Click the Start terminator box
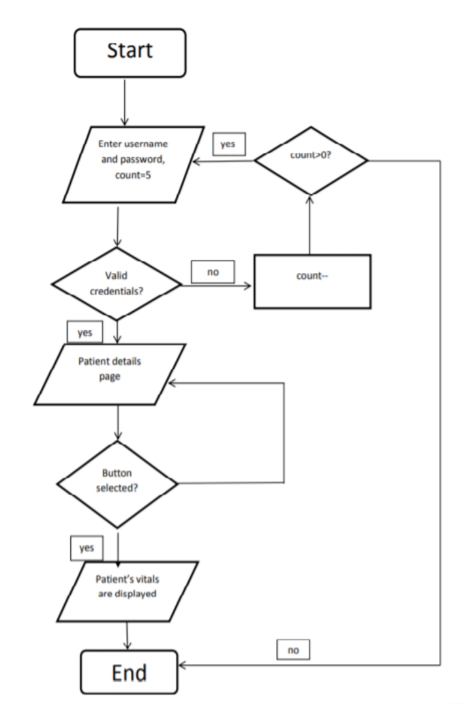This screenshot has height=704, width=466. point(130,53)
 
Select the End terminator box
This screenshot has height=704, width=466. point(130,672)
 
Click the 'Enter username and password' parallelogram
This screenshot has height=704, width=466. point(133,164)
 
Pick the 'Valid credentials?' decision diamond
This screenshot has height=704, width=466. point(117,284)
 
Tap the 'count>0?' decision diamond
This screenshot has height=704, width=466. point(311,161)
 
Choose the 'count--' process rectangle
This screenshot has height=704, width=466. point(312,281)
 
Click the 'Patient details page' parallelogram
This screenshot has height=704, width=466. point(110,374)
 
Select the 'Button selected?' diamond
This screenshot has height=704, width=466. point(117,485)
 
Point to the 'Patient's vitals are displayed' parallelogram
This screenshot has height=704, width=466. point(128,591)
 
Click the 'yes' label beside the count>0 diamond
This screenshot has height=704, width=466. point(229,144)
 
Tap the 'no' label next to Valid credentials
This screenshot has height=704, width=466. point(213,272)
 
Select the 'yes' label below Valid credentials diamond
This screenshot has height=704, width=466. point(85,332)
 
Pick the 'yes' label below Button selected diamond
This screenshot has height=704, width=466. point(86,547)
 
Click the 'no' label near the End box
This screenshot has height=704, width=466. point(293,649)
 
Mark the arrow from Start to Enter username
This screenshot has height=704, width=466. point(124,102)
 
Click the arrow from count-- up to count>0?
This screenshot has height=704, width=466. point(309,225)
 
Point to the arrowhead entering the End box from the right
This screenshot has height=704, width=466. point(182,666)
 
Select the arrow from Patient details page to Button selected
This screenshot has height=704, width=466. point(118,423)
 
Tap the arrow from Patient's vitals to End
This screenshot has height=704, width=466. point(127,636)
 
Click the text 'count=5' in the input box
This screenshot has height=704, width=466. point(133,175)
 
